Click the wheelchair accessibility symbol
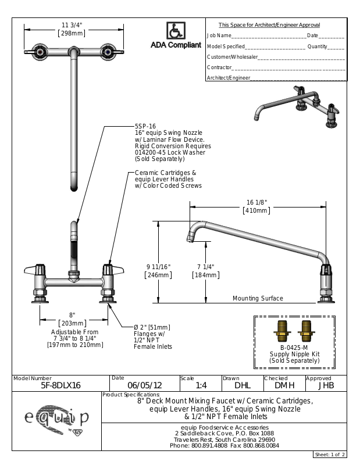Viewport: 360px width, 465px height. click(x=174, y=30)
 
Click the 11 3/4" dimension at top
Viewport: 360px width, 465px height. click(x=72, y=24)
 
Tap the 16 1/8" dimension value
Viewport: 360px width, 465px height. click(x=256, y=202)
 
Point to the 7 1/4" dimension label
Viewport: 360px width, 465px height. click(x=204, y=267)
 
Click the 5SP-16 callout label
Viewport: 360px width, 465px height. click(x=145, y=126)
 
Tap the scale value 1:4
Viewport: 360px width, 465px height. click(x=201, y=385)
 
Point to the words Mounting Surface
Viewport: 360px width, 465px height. click(x=258, y=298)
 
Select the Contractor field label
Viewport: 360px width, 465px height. click(x=219, y=67)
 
